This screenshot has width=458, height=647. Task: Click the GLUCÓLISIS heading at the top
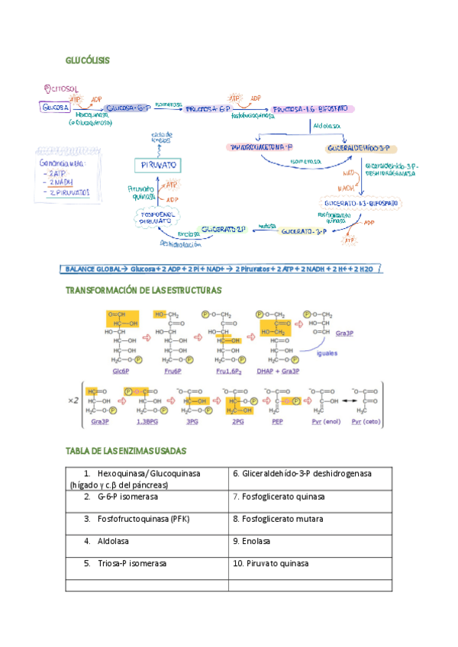coord(87,60)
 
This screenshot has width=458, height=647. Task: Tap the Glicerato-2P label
coord(224,228)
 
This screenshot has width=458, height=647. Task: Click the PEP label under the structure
coord(277,421)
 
